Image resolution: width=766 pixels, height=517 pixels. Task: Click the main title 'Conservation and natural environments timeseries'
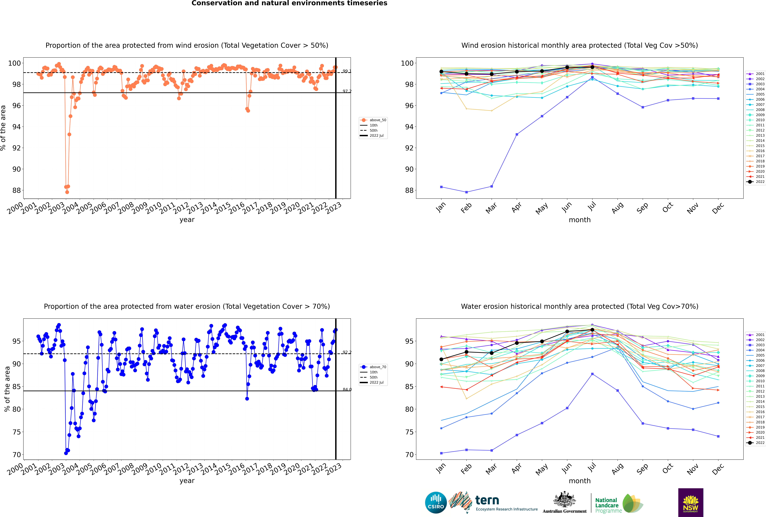point(289,3)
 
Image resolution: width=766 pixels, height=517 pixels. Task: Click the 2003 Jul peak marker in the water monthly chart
point(592,374)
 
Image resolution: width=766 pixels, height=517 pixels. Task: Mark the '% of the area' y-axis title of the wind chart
point(3,128)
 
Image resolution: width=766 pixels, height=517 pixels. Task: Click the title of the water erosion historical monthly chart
point(580,306)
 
